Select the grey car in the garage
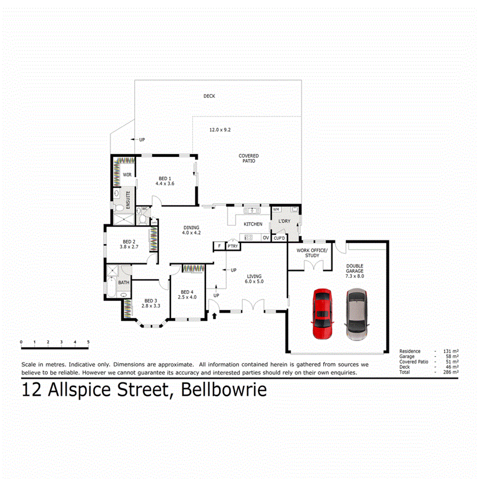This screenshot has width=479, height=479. (x=356, y=314)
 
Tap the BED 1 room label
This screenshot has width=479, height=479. (x=165, y=180)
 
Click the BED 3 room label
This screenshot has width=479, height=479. (x=151, y=303)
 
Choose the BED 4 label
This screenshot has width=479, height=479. (x=188, y=294)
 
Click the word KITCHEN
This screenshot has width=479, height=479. (x=253, y=224)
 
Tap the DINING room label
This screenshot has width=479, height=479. (x=191, y=229)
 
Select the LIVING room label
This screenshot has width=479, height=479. (x=254, y=279)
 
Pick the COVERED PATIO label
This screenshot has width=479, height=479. (x=248, y=158)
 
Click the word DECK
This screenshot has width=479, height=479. (x=209, y=96)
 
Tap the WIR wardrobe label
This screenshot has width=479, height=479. (x=127, y=174)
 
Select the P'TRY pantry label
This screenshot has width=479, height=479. (x=232, y=246)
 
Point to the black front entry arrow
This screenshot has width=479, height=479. (x=214, y=317)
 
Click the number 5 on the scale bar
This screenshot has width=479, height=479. (x=88, y=342)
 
